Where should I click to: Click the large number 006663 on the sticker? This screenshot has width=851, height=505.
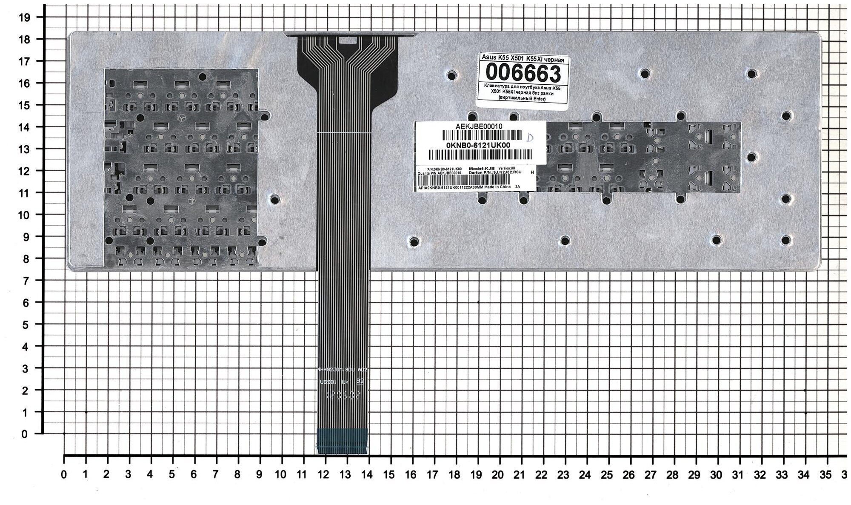click(x=523, y=74)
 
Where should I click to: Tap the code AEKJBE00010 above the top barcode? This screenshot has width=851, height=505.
click(x=479, y=126)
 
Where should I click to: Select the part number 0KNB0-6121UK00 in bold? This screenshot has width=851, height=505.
click(x=478, y=145)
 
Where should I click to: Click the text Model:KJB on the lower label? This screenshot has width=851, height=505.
click(x=481, y=169)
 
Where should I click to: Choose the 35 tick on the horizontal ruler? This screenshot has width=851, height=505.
click(x=825, y=475)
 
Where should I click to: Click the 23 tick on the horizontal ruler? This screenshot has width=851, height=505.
click(x=563, y=475)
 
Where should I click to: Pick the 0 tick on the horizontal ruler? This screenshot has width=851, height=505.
click(x=64, y=475)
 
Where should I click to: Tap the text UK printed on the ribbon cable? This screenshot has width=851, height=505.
click(x=345, y=382)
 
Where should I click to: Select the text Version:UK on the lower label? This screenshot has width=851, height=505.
click(x=506, y=168)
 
